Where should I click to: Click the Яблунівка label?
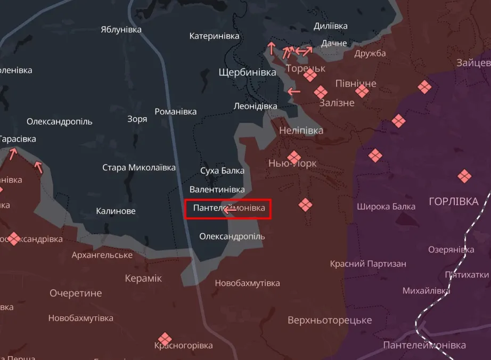click(x=121, y=29)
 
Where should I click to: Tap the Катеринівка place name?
click(x=214, y=36)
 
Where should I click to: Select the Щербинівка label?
click(x=247, y=72)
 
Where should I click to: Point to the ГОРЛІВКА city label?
click(x=454, y=201)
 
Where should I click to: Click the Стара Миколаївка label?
click(x=139, y=168)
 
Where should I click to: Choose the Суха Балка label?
click(x=222, y=170)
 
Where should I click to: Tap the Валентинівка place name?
click(x=217, y=189)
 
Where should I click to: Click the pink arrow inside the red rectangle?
click(x=230, y=210)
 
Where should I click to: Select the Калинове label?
click(x=116, y=211)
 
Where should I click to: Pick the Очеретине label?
click(x=75, y=293)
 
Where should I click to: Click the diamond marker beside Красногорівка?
click(x=165, y=339)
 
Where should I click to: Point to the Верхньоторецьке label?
click(x=330, y=320)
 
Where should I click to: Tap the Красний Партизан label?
click(x=368, y=264)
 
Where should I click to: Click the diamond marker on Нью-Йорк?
click(x=294, y=157)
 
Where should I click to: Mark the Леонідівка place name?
click(x=256, y=106)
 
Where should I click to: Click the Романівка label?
click(x=175, y=111)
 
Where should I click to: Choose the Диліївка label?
click(x=331, y=26)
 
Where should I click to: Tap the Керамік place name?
click(x=143, y=278)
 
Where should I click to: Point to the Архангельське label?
click(x=102, y=255)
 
